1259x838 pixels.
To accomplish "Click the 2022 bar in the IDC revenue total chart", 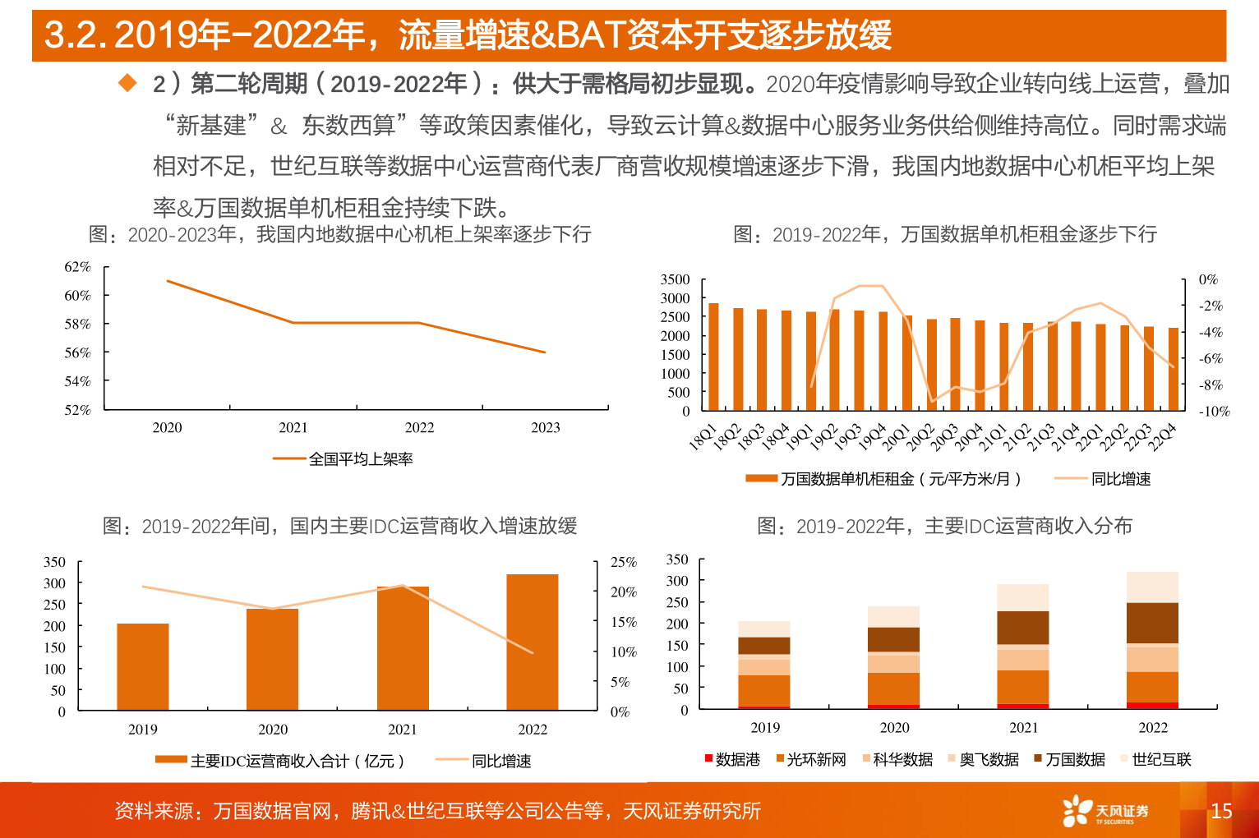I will (532, 642).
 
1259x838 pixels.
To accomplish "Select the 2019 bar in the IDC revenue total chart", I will (143, 666).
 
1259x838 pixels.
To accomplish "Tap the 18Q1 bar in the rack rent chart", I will (713, 357).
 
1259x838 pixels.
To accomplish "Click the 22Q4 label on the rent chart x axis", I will (1164, 436).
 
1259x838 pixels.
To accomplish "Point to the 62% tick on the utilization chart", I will (77, 267).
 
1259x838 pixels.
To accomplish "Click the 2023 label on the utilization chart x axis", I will (545, 427).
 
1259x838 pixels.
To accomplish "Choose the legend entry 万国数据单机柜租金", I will (883, 479).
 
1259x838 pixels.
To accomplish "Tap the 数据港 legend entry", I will (732, 759).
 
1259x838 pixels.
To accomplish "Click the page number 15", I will (1221, 811).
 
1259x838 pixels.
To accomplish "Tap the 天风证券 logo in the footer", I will (1105, 811).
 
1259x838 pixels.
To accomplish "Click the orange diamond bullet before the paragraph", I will (127, 82).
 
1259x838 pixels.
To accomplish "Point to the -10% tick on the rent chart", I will (1213, 411).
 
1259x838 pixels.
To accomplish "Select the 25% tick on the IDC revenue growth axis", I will (623, 562).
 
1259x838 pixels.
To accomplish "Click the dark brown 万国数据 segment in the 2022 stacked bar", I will (1152, 623).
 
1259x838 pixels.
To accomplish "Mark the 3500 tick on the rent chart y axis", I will (675, 279).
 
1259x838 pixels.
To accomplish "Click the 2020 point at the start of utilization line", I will (168, 281).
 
